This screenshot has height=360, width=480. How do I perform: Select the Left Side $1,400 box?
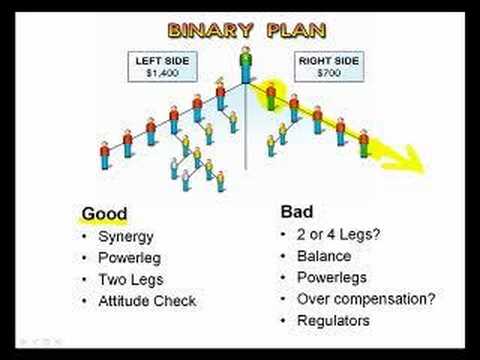click(x=162, y=66)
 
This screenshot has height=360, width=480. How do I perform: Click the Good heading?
click(x=104, y=213)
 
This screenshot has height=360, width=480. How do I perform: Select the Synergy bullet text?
click(x=125, y=239)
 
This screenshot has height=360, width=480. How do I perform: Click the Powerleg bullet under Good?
click(x=129, y=259)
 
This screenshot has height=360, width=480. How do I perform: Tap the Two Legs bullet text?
click(x=129, y=279)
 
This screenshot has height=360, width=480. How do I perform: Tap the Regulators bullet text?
click(x=333, y=321)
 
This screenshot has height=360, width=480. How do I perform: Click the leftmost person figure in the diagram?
click(x=104, y=155)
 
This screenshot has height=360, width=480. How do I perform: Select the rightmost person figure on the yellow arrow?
click(x=364, y=142)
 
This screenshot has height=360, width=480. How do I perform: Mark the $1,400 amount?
click(x=162, y=74)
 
